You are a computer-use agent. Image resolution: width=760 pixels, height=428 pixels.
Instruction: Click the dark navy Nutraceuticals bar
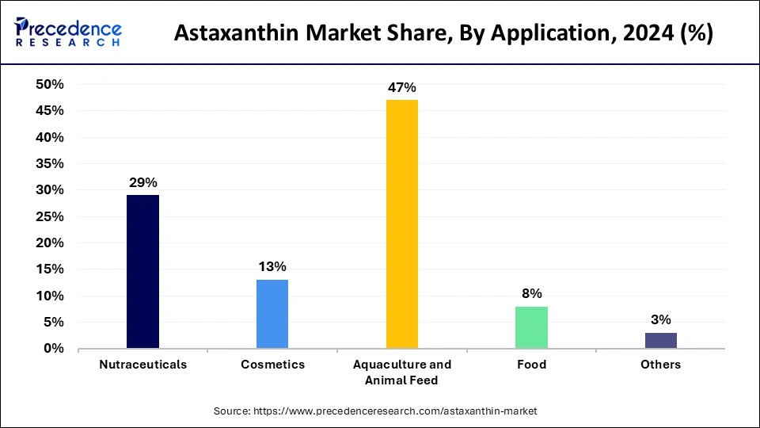(x=142, y=272)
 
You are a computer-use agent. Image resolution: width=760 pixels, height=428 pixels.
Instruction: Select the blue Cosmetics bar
(x=272, y=314)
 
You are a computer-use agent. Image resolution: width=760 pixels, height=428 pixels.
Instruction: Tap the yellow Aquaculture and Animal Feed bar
(x=402, y=224)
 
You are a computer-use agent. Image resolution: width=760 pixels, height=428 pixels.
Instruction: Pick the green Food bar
(x=531, y=327)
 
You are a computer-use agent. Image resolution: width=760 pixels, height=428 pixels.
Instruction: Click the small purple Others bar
(x=661, y=340)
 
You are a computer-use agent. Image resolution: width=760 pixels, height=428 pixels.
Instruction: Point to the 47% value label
(x=402, y=87)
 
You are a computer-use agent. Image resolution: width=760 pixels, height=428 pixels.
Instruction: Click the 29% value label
(x=142, y=182)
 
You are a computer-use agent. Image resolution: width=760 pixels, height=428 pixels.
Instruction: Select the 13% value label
(x=272, y=266)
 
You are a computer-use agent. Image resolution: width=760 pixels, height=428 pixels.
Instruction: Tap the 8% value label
(x=531, y=293)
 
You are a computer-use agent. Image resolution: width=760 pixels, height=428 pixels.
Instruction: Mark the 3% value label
(x=661, y=319)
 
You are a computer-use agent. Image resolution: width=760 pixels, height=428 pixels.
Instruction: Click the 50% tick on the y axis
(x=50, y=85)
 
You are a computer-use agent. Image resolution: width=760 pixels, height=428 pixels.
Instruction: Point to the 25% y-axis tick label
(x=50, y=216)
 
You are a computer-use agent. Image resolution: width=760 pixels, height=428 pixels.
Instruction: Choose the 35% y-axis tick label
(x=50, y=164)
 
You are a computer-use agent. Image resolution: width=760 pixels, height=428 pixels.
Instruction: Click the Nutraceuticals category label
(x=142, y=365)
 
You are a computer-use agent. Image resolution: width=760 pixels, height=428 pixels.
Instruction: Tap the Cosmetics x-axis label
(x=272, y=365)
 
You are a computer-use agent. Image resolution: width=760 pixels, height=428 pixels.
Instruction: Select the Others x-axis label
(x=661, y=365)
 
